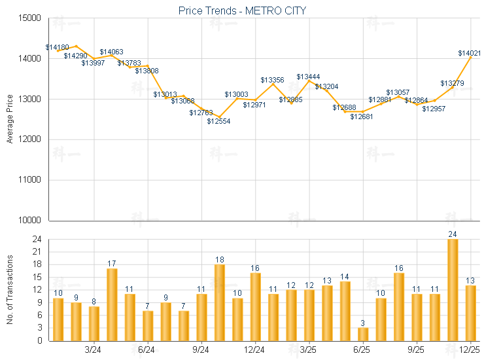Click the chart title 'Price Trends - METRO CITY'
[x=242, y=10]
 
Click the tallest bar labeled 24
[x=453, y=290]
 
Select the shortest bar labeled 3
[x=363, y=334]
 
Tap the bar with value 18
[x=220, y=302]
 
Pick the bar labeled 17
[x=112, y=304]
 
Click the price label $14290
[x=76, y=56]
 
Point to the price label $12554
[x=220, y=122]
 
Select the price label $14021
[x=470, y=53]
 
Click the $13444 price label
[x=309, y=77]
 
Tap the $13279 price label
[x=452, y=83]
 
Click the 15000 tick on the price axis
[x=28, y=18]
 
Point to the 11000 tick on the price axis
[x=28, y=180]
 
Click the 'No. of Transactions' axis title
[x=10, y=289]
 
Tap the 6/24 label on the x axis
[x=147, y=350]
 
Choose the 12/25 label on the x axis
[x=470, y=350]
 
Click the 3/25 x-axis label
[x=309, y=350]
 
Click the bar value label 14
[x=345, y=276]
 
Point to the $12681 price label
[x=362, y=117]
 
